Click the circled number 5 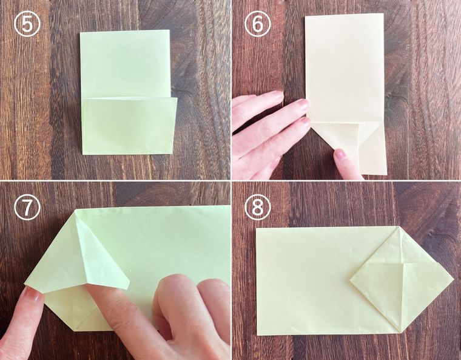point(27,25)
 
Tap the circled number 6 point(257,25)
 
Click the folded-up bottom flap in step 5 point(129,126)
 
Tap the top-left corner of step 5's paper point(80,33)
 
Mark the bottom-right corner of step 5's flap point(172,153)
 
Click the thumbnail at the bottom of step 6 point(341,154)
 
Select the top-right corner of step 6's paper point(383,13)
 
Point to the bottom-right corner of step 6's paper point(386,174)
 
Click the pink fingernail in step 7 point(33,294)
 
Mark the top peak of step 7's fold point(76,211)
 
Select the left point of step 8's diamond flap point(350,280)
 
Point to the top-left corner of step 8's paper point(256,228)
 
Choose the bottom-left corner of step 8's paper point(258,335)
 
